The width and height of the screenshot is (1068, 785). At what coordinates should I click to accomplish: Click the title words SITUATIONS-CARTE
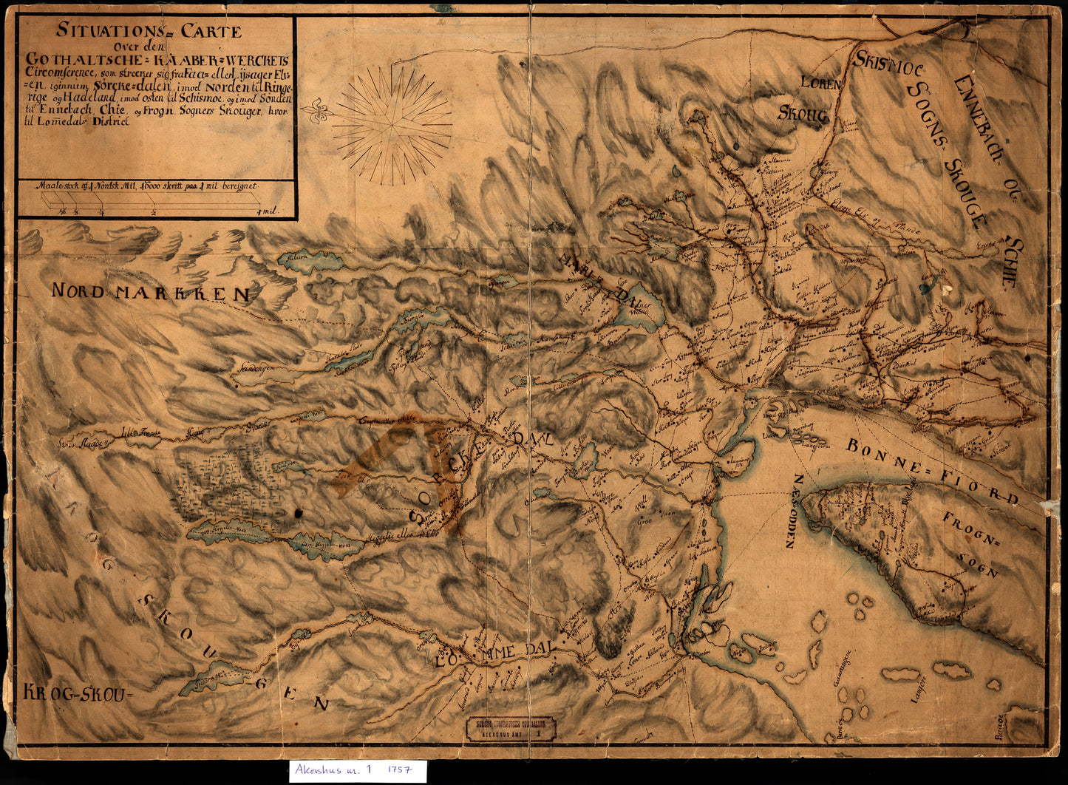[149, 32]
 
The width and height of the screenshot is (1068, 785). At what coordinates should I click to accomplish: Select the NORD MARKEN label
[151, 293]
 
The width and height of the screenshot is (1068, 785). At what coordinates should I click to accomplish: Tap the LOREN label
[821, 84]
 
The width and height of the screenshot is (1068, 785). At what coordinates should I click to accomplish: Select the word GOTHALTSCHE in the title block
[71, 60]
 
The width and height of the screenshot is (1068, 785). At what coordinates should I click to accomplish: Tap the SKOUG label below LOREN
[803, 112]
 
